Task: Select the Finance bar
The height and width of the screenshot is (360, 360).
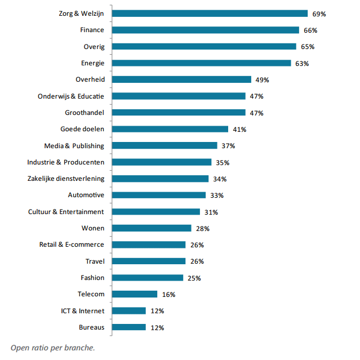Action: coord(206,30)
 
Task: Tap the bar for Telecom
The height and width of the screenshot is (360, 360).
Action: coord(135,294)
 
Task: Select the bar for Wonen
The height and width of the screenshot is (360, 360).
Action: coord(152,228)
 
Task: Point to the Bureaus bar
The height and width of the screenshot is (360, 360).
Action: coord(129,327)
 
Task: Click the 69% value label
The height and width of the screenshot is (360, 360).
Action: coord(319,14)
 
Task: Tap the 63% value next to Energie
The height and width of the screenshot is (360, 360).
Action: coord(302,63)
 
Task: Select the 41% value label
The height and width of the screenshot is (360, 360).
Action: coord(239,130)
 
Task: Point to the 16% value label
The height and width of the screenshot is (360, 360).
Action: coord(168,295)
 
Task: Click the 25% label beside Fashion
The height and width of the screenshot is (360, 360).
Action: coord(194,278)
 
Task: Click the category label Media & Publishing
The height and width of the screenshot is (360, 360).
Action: coord(74,146)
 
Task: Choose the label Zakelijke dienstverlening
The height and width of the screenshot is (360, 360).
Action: coord(65,179)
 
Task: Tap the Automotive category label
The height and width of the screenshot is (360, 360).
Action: coord(86,195)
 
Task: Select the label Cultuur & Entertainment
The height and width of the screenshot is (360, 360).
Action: coord(66,212)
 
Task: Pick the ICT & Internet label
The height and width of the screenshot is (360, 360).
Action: coord(82,310)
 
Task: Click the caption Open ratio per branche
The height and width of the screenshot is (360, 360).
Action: coord(48,347)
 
